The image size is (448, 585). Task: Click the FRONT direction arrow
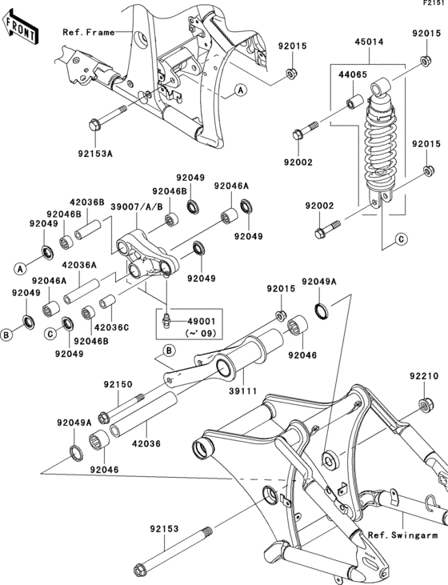coord(20,27)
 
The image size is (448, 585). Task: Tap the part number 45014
coord(369,42)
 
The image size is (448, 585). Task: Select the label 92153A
coord(95,154)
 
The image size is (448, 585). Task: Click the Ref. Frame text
coord(89,33)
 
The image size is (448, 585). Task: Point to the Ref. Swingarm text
coord(403,535)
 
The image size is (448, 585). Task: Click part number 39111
coord(242,391)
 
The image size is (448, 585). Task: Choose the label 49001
coord(202,321)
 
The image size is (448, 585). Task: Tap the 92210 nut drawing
coord(426,404)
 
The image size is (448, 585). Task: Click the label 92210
coord(424,375)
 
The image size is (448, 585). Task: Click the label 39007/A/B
coord(137,207)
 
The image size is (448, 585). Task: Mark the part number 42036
coord(146,443)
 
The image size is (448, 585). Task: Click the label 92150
coord(118,384)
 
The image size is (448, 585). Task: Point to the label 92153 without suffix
coord(165,529)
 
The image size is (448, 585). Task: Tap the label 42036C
coord(111,327)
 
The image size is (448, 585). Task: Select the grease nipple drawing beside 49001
coord(167,322)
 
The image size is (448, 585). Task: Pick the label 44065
coord(353,75)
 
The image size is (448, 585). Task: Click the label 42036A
coord(79,265)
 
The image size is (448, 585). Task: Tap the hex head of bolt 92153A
coord(94,124)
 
